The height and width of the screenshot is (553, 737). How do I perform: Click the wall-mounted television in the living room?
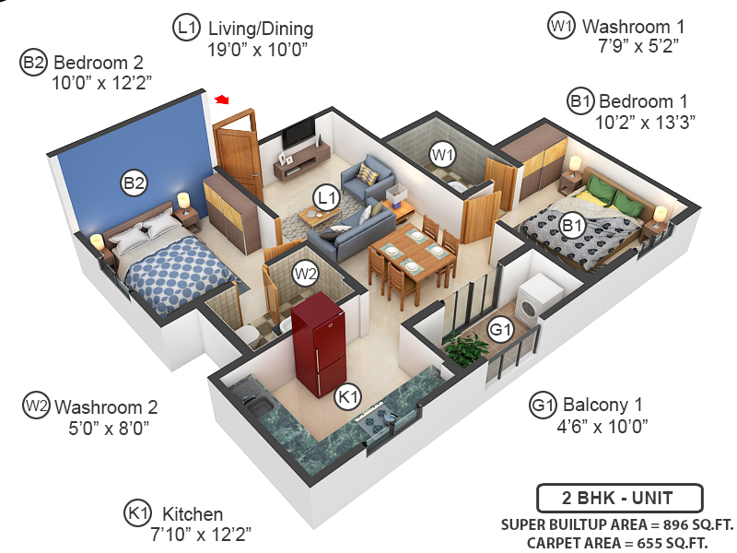coord(297,133)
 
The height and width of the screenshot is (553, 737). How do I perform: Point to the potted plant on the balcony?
coord(465,348)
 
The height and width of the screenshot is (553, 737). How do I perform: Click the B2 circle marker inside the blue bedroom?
coord(135,183)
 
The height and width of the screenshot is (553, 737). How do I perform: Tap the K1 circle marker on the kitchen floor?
coord(346,396)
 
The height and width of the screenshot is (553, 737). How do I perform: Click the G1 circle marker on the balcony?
coord(499,329)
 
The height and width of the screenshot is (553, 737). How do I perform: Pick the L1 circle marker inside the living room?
coord(326,196)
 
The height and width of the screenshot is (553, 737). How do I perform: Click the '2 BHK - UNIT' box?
coord(619,499)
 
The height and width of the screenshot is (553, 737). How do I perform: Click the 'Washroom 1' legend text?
coord(634,27)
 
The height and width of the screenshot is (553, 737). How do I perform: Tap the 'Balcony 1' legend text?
coord(602,405)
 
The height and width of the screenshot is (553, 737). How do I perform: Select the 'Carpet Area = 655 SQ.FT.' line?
coord(617,543)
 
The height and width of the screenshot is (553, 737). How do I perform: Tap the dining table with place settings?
coord(412,253)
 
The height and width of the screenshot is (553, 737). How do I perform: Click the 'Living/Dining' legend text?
coord(261,29)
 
